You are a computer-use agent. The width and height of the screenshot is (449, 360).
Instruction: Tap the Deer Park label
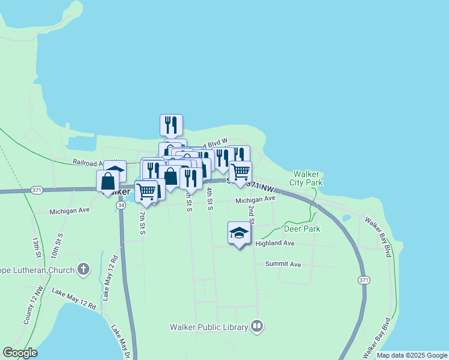(302, 229)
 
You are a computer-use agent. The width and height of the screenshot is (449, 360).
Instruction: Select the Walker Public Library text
(208, 327)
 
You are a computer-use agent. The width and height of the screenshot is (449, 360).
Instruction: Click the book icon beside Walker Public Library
(257, 326)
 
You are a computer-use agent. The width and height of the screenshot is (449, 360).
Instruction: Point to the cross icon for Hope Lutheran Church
(83, 269)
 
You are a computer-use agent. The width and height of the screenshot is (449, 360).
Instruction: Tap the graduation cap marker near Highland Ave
(239, 233)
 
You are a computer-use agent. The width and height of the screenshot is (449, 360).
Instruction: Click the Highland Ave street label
(275, 244)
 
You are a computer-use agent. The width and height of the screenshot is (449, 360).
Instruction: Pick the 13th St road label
(36, 247)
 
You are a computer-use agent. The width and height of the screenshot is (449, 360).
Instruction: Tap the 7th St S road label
(142, 223)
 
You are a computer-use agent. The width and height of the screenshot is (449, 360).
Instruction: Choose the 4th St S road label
(209, 199)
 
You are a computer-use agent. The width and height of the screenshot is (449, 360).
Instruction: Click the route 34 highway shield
(121, 205)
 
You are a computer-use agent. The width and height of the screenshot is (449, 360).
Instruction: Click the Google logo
(20, 352)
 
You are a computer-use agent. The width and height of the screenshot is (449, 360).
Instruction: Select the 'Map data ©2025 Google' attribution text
(411, 355)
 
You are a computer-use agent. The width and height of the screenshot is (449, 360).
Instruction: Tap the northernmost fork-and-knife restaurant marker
(171, 124)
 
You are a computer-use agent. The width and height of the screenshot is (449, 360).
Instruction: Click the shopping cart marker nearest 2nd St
(240, 172)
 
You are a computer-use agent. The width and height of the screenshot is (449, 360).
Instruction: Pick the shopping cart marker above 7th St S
(146, 191)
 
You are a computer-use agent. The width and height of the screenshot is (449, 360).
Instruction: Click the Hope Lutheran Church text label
(36, 270)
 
